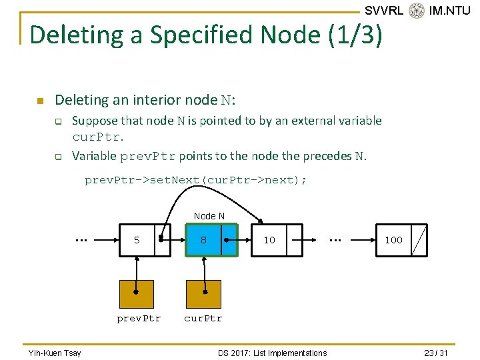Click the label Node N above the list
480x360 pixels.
click(x=209, y=216)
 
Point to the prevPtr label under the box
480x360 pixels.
click(x=139, y=318)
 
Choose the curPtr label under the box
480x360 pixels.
click(x=203, y=318)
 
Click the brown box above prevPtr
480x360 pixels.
click(x=136, y=294)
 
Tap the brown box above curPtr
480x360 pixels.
click(x=203, y=294)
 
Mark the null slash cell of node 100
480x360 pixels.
click(x=419, y=240)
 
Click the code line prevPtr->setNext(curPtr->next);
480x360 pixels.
click(x=195, y=180)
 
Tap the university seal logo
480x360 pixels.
click(x=417, y=10)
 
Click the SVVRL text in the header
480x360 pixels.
click(x=384, y=11)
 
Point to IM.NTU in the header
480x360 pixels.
click(x=450, y=11)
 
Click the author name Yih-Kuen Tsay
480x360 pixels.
click(x=54, y=353)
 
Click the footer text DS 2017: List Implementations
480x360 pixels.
click(x=272, y=353)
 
